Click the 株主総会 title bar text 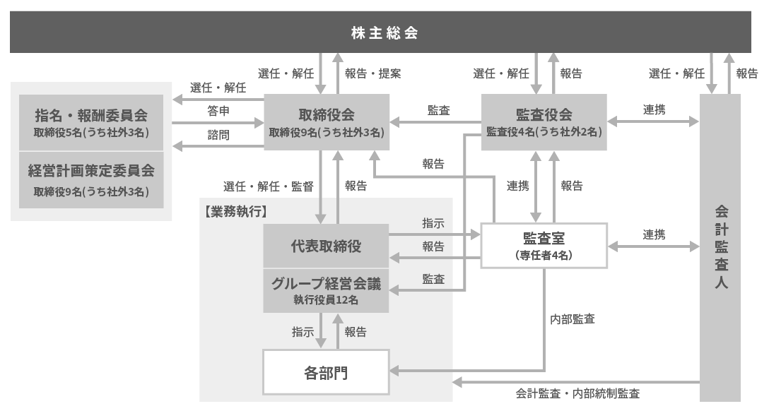pyautogui.click(x=384, y=32)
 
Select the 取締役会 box pyautogui.click(x=327, y=122)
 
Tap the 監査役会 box pyautogui.click(x=544, y=122)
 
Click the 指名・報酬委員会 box pyautogui.click(x=91, y=122)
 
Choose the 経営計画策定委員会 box pyautogui.click(x=91, y=180)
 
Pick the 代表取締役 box pyautogui.click(x=326, y=246)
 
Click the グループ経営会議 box pyautogui.click(x=326, y=290)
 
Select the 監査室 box pyautogui.click(x=544, y=246)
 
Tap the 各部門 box pyautogui.click(x=326, y=372)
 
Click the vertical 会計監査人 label pyautogui.click(x=721, y=246)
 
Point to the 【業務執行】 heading pyautogui.click(x=235, y=212)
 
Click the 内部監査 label pyautogui.click(x=573, y=319)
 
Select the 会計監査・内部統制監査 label pyautogui.click(x=577, y=393)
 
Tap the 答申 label pyautogui.click(x=218, y=111)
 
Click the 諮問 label pyautogui.click(x=218, y=135)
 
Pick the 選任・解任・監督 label pyautogui.click(x=269, y=186)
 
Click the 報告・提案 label pyautogui.click(x=372, y=73)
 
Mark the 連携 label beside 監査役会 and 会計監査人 pyautogui.click(x=654, y=109)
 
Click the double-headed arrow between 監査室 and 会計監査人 pyautogui.click(x=653, y=246)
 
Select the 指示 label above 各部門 pyautogui.click(x=303, y=332)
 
